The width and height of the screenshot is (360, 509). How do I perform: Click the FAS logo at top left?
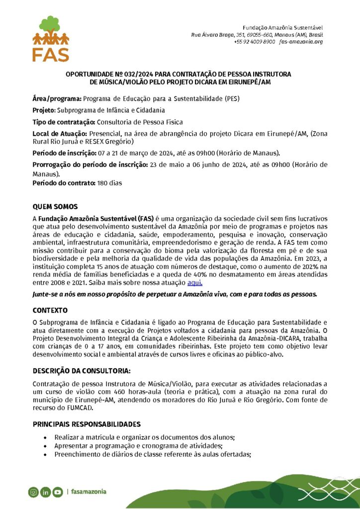tap(51, 39)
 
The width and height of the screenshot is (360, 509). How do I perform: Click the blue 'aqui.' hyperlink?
tap(194, 282)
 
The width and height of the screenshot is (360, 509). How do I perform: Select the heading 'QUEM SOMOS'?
tap(55, 206)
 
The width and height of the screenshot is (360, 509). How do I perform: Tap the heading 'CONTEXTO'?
tap(50, 310)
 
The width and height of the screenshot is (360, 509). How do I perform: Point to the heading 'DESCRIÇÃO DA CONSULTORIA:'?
tap(82, 371)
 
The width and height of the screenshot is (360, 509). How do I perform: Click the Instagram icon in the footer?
tap(33, 492)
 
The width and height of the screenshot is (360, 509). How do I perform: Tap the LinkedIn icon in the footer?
tap(45, 492)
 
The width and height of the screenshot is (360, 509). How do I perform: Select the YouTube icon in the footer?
tap(57, 492)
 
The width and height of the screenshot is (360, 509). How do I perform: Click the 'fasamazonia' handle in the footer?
tap(89, 492)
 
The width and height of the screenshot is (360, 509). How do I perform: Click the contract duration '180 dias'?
tap(109, 183)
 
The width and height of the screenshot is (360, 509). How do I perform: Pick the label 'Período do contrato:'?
tap(64, 183)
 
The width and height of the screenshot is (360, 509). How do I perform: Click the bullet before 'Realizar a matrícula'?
tap(45, 437)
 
